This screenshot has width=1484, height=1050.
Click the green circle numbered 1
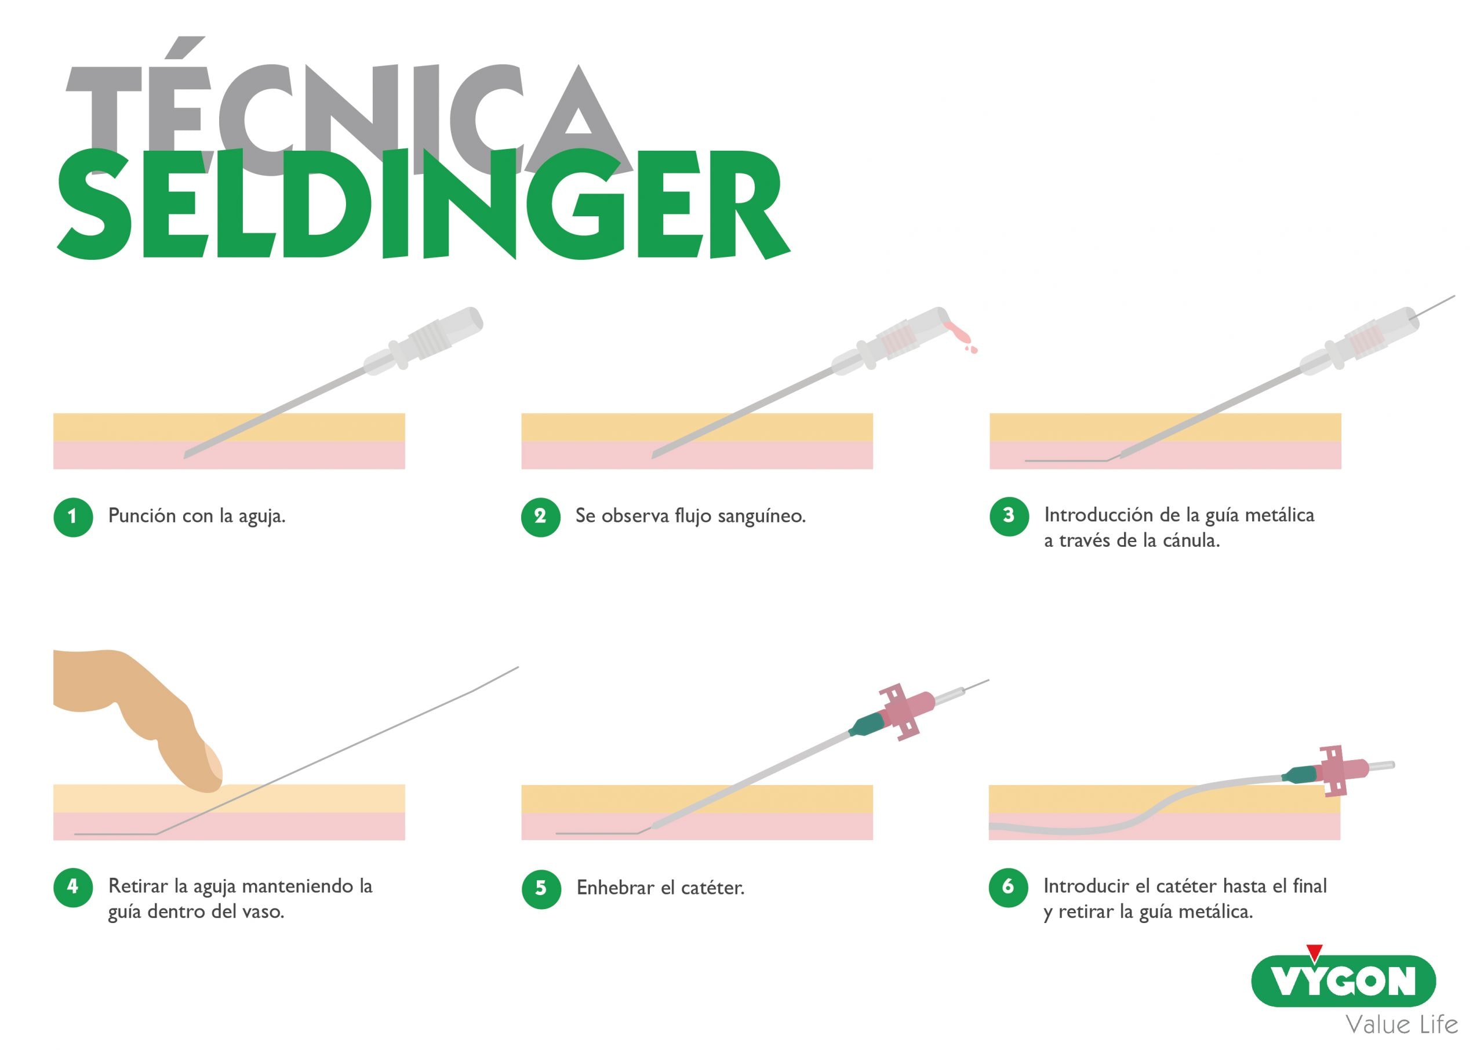click(73, 517)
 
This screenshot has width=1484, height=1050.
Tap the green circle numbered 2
click(540, 517)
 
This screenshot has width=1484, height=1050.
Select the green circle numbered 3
click(1008, 516)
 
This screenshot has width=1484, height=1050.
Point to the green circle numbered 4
click(73, 887)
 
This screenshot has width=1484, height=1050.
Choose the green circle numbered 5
click(541, 889)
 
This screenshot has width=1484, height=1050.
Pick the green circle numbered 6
click(1008, 887)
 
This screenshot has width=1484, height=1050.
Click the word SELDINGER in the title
click(423, 204)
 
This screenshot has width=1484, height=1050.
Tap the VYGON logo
click(1343, 982)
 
